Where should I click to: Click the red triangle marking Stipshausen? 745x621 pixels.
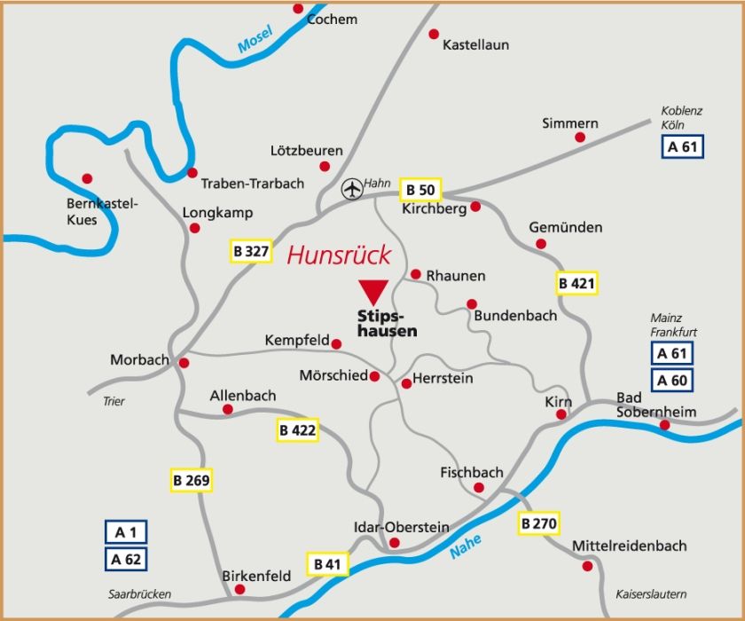[373, 291]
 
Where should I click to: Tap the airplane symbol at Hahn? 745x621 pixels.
[352, 188]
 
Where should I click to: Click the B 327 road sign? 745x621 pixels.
[251, 251]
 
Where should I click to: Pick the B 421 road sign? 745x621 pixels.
[577, 284]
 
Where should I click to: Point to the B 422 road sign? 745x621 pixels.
[297, 430]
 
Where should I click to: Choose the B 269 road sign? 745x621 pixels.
[192, 481]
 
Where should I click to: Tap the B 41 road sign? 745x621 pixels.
[328, 563]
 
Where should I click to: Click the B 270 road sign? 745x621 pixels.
[538, 523]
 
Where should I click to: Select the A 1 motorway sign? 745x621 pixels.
[126, 532]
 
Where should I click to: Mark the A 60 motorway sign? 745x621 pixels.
[671, 381]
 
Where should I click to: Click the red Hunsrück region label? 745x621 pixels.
[339, 255]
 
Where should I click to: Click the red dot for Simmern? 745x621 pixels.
[580, 138]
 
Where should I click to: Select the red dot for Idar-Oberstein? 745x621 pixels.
[395, 542]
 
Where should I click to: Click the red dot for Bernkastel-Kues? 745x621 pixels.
[86, 178]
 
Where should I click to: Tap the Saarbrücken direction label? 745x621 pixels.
[140, 594]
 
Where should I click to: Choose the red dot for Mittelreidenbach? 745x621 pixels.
[587, 565]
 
